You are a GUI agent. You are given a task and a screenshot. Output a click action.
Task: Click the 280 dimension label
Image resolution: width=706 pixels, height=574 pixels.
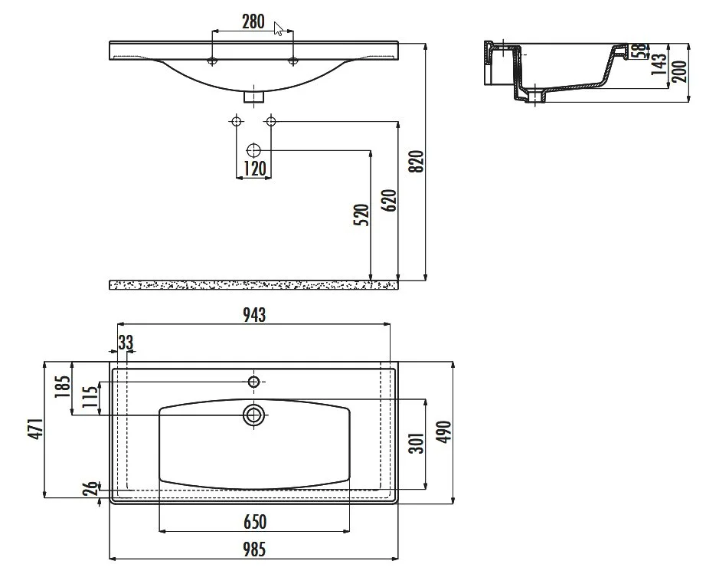point(253,21)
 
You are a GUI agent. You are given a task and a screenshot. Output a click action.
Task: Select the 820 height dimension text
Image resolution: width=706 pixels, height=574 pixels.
point(417,161)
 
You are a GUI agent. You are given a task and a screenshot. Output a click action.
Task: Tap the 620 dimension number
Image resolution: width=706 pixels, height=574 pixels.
point(390,201)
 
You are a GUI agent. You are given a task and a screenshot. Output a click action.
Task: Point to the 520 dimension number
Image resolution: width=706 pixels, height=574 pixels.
point(361,215)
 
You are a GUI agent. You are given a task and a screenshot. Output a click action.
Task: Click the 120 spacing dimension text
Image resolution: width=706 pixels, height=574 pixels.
point(254,168)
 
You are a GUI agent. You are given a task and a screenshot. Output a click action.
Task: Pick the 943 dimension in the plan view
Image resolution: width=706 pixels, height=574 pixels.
point(254,314)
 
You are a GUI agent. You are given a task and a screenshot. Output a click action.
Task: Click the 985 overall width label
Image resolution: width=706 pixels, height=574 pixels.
point(254,549)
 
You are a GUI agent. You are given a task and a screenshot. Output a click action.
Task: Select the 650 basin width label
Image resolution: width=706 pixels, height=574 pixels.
point(255,522)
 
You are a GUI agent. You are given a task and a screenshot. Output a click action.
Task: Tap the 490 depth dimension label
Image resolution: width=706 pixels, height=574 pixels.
point(444,432)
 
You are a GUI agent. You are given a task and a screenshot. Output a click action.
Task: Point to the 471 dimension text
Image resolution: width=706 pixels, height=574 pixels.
point(35,429)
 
